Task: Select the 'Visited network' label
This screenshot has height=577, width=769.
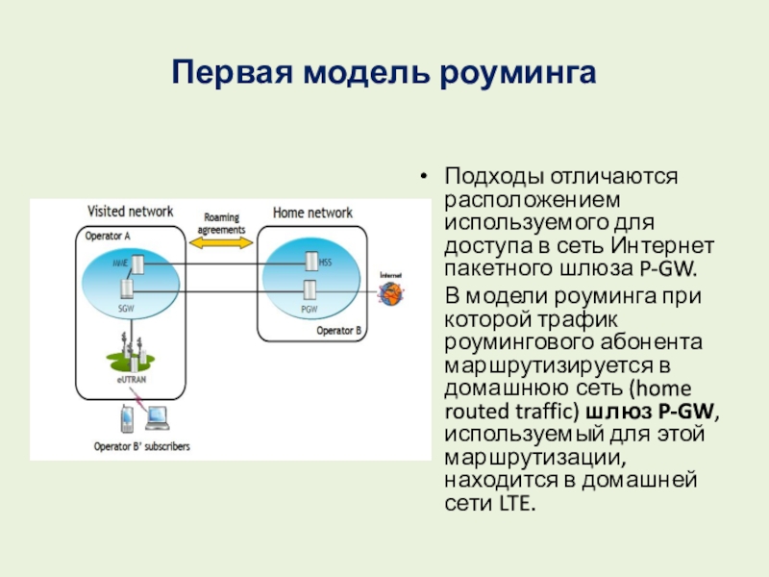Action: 131,211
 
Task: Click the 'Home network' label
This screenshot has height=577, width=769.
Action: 312,213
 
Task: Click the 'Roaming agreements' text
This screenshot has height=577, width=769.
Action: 221,224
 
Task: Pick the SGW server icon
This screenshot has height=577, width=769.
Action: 127,288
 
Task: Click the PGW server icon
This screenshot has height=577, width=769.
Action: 310,288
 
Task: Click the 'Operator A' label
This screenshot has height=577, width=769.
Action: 108,236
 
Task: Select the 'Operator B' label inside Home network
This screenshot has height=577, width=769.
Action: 338,330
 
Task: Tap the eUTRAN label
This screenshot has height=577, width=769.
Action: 128,382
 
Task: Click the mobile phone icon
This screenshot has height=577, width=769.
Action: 126,418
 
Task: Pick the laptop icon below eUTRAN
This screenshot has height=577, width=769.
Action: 156,417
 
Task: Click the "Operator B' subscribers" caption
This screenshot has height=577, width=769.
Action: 141,446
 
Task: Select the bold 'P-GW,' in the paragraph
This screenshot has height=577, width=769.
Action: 689,412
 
